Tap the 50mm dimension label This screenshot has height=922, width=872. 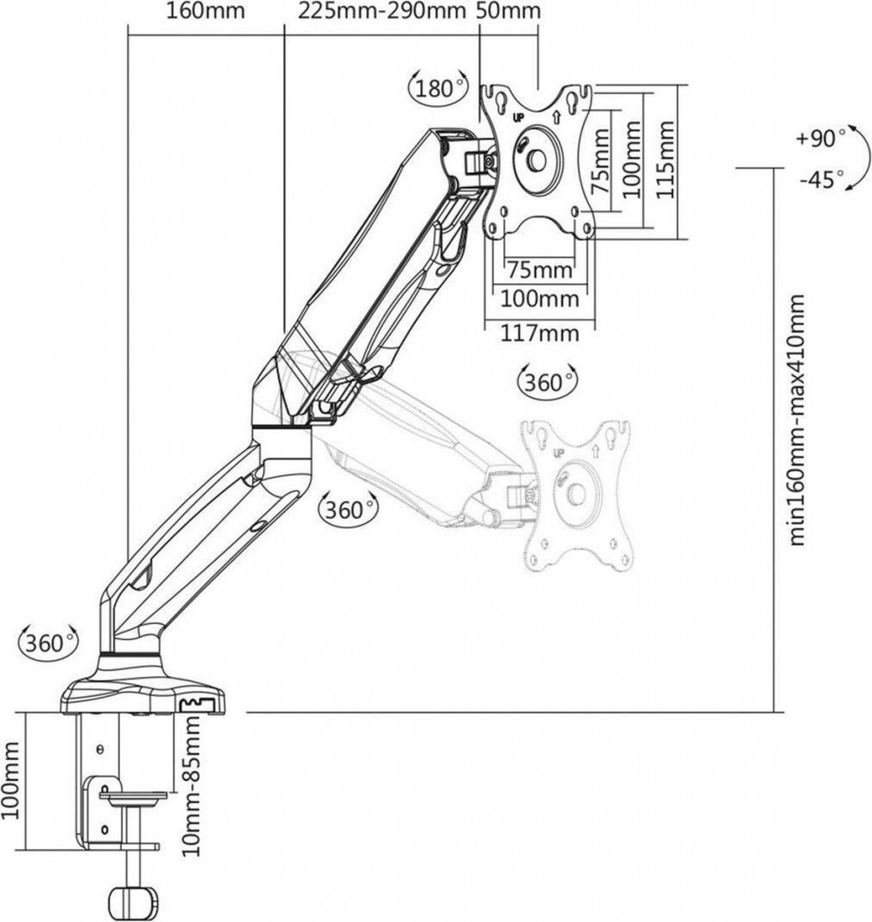coord(508,12)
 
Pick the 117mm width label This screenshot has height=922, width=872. coord(541,334)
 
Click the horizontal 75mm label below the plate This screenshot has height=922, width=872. coord(540,270)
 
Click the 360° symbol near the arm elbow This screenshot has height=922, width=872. coord(348,509)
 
